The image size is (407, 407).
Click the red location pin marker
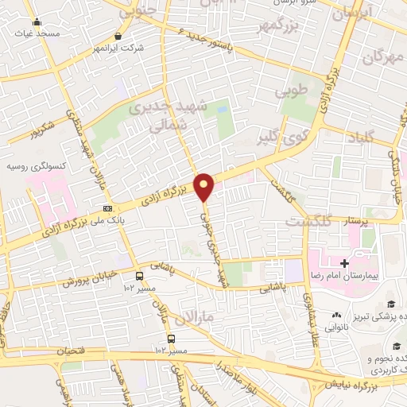[x=204, y=186]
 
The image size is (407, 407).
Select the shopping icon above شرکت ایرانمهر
[x=118, y=36]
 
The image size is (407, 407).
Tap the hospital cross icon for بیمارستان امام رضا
[x=344, y=262]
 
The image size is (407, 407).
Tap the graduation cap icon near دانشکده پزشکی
[x=391, y=304]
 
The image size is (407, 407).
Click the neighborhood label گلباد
[x=359, y=138]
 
